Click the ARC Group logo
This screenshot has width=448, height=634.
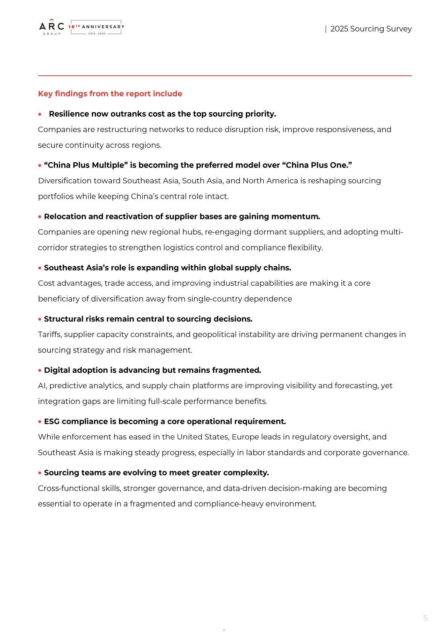(x=52, y=27)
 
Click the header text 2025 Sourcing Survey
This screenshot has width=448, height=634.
(x=371, y=29)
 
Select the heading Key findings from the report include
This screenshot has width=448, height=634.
(x=110, y=94)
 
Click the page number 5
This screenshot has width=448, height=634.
(x=425, y=618)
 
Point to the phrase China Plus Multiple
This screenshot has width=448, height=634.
(x=86, y=165)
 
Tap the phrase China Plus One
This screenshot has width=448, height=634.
(x=317, y=165)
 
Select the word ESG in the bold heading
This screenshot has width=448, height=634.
(x=52, y=422)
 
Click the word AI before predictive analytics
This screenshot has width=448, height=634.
(x=42, y=386)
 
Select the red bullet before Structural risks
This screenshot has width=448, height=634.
(x=40, y=319)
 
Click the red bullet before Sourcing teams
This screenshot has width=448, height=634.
(x=40, y=473)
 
